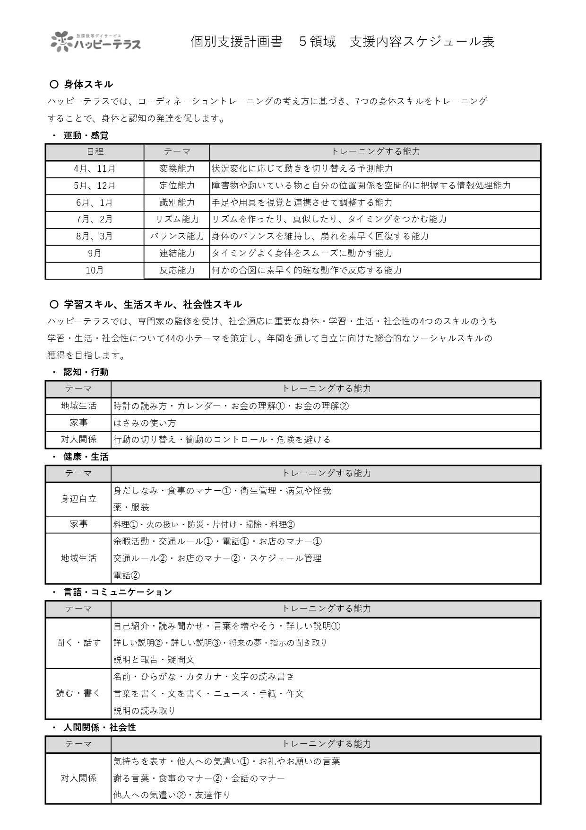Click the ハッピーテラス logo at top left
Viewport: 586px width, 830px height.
tap(96, 42)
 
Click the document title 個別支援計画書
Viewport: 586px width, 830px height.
tap(236, 42)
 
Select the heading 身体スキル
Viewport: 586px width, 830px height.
tap(88, 84)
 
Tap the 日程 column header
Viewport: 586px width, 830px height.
tap(95, 152)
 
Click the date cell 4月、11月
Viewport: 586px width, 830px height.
tap(95, 169)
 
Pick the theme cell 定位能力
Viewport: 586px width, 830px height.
tap(177, 185)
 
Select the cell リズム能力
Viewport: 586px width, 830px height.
tap(177, 220)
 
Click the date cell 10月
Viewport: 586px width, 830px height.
tap(95, 270)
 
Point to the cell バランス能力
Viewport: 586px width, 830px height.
tap(177, 236)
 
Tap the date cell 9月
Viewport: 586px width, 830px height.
tap(95, 253)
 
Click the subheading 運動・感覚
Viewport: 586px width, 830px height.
tap(86, 136)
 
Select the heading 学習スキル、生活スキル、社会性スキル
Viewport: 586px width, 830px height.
tap(153, 304)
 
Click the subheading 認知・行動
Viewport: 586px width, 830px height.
tap(86, 372)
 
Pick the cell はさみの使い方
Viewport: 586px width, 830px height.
tap(145, 423)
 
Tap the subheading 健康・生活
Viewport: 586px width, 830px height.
tap(86, 457)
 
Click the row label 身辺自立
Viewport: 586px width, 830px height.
tap(78, 499)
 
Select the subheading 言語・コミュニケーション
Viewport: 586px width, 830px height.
tap(118, 592)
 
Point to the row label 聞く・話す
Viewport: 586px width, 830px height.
tap(78, 643)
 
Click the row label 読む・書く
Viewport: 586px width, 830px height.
tap(78, 693)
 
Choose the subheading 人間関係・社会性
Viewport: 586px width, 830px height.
tap(100, 727)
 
